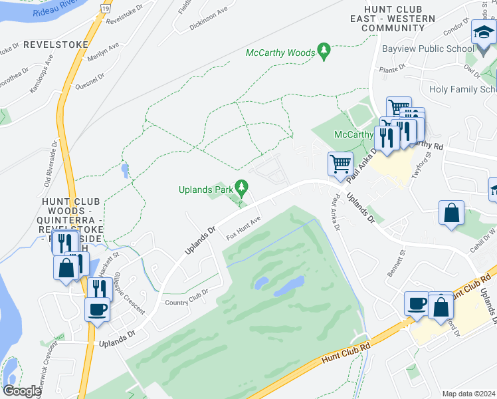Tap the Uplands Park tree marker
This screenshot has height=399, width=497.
pos(243,188)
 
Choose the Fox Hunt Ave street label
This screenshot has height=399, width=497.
pos(243,228)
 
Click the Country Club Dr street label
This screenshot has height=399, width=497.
pos(187,297)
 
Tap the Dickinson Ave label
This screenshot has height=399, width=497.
pos(208,14)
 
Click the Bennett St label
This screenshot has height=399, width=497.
pos(397,264)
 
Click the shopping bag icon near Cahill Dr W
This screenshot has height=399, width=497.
pos(451,213)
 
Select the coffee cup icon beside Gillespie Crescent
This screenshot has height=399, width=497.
pos(97,309)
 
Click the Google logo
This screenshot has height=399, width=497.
pos(22,391)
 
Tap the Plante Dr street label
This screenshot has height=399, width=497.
pos(392,69)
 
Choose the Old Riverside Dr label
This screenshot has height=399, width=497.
pos(48,170)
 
